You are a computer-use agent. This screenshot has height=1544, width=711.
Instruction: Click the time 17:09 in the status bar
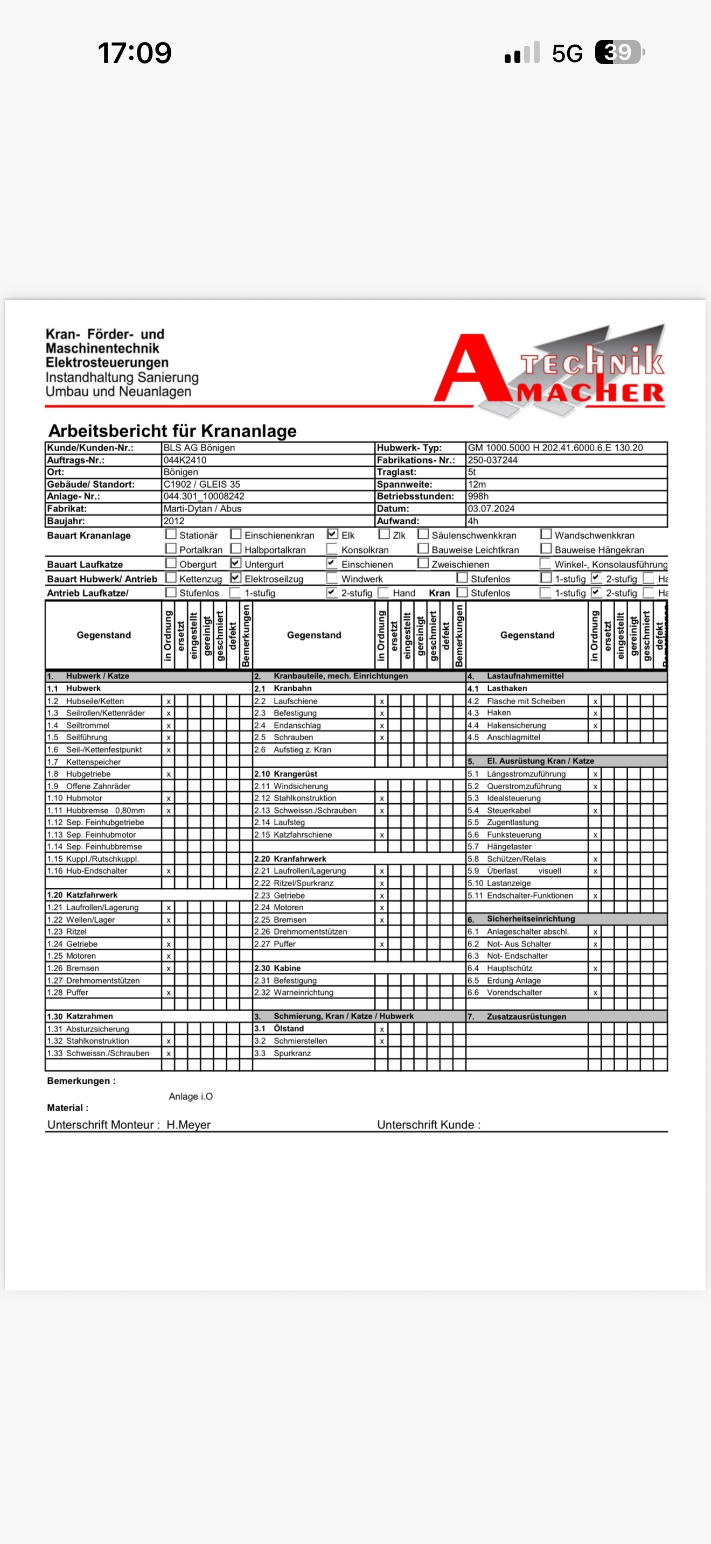[134, 53]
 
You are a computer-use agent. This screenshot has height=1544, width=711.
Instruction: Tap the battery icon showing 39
[619, 52]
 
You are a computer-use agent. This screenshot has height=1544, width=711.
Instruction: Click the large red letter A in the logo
[471, 370]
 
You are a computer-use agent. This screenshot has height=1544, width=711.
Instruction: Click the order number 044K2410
[185, 460]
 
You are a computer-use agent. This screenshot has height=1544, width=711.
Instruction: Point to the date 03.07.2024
[491, 508]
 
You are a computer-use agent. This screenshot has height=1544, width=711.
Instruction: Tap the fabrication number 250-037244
[492, 460]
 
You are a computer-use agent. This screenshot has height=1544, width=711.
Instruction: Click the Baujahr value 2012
[174, 521]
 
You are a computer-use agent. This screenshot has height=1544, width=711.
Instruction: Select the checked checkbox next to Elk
[333, 534]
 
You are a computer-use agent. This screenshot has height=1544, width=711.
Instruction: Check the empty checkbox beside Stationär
[171, 534]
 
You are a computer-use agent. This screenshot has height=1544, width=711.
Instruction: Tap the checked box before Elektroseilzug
[235, 578]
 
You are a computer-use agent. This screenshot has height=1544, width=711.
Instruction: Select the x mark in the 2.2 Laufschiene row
[381, 701]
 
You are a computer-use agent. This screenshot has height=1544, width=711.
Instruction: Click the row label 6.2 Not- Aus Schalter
[519, 944]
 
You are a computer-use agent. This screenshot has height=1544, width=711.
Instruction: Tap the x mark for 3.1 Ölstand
[381, 1029]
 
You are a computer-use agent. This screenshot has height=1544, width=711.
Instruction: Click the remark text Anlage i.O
[191, 1096]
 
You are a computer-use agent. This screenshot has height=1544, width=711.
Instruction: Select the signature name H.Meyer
[188, 1125]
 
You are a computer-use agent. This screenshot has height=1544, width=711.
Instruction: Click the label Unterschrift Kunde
[428, 1125]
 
